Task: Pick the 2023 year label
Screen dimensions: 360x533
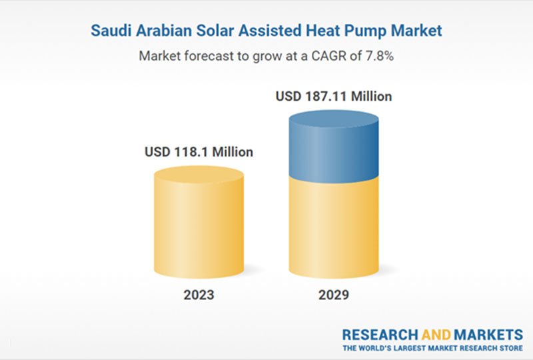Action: [x=199, y=294]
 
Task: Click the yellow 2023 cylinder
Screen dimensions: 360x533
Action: [x=199, y=227]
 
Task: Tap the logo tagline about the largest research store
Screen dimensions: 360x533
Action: [x=432, y=348]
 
